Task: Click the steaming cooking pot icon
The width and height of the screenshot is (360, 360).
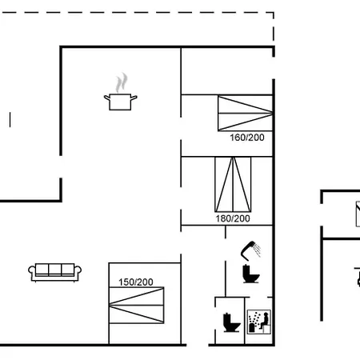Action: point(121,92)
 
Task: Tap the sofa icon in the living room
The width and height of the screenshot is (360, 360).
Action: point(55,272)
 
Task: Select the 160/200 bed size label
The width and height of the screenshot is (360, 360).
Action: point(247,138)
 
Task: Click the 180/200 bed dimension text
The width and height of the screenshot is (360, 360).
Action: point(233,218)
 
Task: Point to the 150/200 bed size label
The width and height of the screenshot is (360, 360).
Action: point(136,282)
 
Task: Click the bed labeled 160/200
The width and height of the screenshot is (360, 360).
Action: point(245,114)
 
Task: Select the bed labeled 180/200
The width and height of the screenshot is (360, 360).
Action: point(233,185)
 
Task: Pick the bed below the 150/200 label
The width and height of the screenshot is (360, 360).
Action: point(137,306)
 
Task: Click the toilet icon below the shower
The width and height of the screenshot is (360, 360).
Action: point(250,274)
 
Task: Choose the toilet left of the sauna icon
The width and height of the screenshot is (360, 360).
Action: point(231,322)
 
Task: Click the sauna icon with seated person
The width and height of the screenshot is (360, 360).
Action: point(259,322)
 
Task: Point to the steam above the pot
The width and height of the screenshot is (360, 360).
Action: point(122,82)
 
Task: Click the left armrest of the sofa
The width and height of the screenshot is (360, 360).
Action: point(32,270)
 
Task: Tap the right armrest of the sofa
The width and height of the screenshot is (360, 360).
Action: point(78,270)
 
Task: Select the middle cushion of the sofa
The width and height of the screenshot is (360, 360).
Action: point(55,270)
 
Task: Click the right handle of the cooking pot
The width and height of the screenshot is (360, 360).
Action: point(134,98)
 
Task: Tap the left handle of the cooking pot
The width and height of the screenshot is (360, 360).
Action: point(107,98)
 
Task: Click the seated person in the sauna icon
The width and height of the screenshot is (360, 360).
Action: point(264,321)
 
